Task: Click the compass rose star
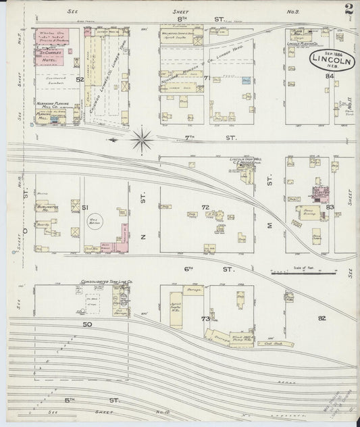(143, 140)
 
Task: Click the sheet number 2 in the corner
(349, 9)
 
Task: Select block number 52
(79, 80)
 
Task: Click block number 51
(85, 207)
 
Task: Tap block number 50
(86, 324)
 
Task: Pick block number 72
(205, 207)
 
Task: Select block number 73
(205, 318)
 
